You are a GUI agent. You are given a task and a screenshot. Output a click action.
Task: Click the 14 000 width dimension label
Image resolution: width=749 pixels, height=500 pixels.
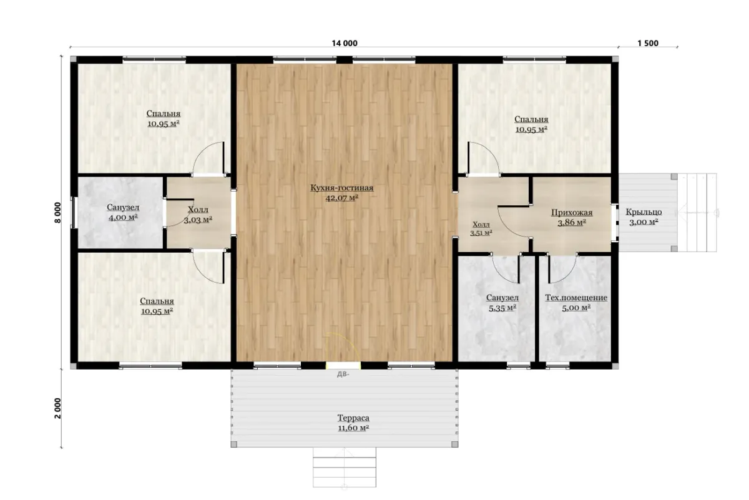click(x=345, y=43)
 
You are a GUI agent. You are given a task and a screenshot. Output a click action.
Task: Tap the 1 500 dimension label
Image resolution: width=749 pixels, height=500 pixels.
click(x=648, y=43)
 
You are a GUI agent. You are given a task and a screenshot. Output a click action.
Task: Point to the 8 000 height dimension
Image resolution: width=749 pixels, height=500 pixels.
click(x=58, y=212)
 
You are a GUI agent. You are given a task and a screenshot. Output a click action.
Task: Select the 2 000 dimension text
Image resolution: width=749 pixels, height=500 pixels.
click(x=58, y=408)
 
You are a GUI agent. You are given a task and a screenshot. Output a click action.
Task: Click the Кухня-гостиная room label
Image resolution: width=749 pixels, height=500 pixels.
click(x=342, y=188)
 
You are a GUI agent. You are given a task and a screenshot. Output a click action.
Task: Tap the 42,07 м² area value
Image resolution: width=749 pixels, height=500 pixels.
click(x=342, y=198)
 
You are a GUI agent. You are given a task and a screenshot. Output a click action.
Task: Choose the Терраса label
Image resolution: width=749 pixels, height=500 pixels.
click(x=353, y=418)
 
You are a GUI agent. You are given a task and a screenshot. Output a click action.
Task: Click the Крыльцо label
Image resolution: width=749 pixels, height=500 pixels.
click(x=644, y=212)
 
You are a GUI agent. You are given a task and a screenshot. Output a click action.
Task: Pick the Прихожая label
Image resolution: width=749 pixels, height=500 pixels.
click(x=572, y=213)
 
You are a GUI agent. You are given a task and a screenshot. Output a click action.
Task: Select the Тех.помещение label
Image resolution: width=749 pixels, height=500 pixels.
click(x=576, y=298)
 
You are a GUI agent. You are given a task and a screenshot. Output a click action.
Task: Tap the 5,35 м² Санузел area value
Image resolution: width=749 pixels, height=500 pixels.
click(x=502, y=308)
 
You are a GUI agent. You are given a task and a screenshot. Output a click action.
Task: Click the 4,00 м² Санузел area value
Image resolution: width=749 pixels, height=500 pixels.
click(x=123, y=218)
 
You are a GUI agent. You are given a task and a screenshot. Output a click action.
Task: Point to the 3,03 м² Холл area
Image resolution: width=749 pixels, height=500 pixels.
click(x=198, y=220)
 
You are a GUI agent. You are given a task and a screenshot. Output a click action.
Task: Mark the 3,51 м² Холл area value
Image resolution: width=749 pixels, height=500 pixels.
click(x=481, y=233)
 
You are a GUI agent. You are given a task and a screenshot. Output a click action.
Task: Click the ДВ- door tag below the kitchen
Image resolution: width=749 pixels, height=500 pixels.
click(x=343, y=375)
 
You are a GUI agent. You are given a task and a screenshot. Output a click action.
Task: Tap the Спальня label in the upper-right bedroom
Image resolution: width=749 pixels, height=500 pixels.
click(x=531, y=119)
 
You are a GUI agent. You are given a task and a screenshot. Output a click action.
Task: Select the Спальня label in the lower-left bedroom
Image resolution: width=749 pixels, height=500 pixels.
click(x=157, y=301)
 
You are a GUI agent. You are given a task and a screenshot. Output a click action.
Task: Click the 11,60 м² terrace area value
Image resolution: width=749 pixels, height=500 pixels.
click(x=353, y=428)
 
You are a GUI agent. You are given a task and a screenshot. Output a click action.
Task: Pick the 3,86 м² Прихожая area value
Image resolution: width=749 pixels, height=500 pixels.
click(x=572, y=223)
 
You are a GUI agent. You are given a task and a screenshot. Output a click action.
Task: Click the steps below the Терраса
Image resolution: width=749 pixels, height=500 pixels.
click(x=345, y=467)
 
